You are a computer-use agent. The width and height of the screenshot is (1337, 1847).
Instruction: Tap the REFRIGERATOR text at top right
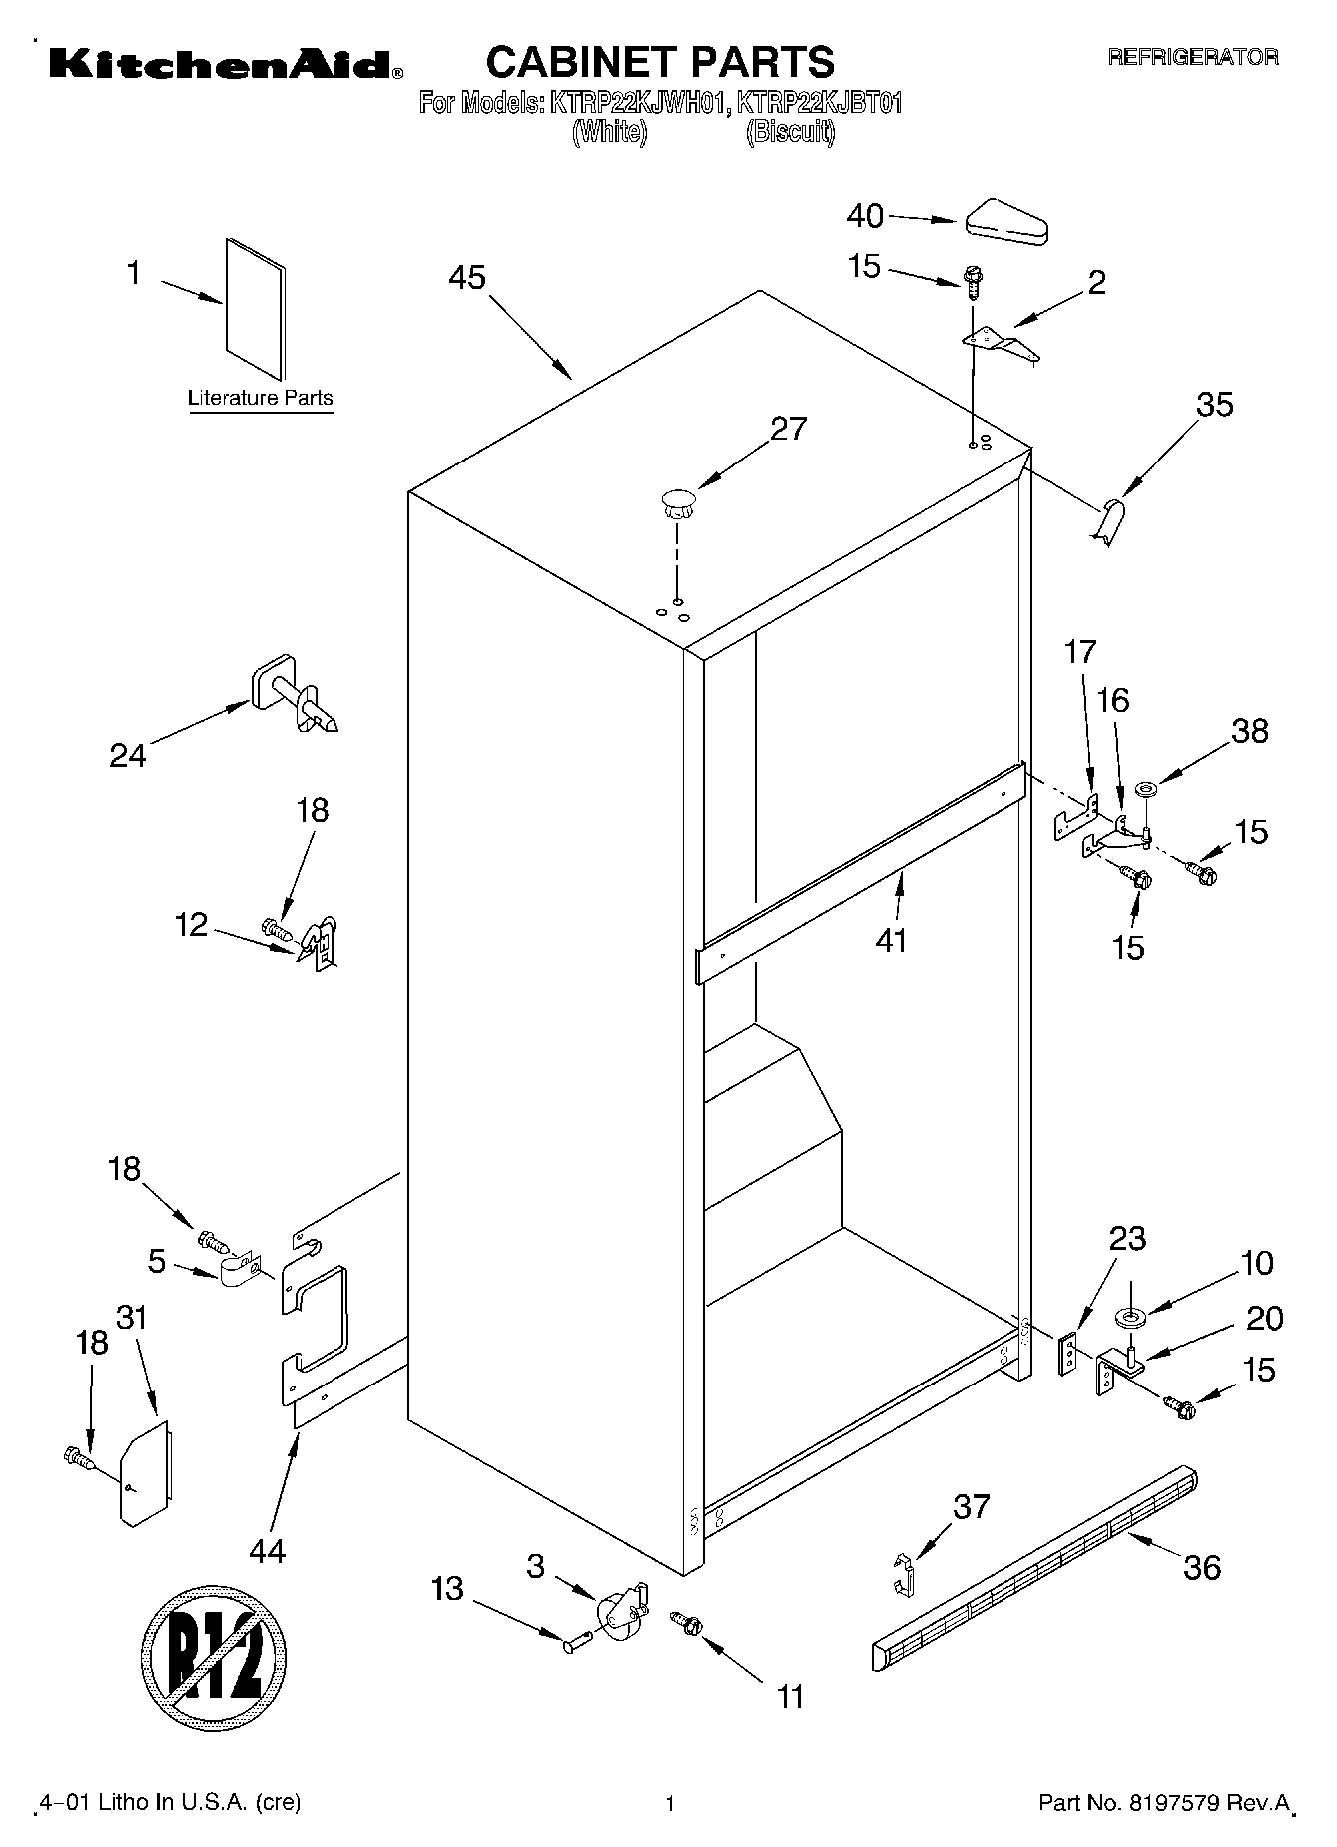click(x=1192, y=57)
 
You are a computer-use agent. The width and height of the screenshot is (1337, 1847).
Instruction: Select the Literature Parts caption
click(x=261, y=398)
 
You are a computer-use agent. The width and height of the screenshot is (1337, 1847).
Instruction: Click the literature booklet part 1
click(x=255, y=310)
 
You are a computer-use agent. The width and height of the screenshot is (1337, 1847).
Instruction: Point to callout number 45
click(x=466, y=277)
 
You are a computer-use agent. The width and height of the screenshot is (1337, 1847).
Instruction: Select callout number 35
click(x=1215, y=405)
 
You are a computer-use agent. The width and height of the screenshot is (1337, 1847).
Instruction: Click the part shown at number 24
click(x=295, y=695)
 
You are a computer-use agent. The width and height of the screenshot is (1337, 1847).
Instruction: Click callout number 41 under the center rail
click(x=891, y=940)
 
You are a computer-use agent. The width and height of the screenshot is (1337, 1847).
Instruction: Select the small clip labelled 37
click(x=903, y=1574)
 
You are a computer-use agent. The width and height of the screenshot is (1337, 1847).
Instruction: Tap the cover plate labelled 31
click(x=145, y=1473)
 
